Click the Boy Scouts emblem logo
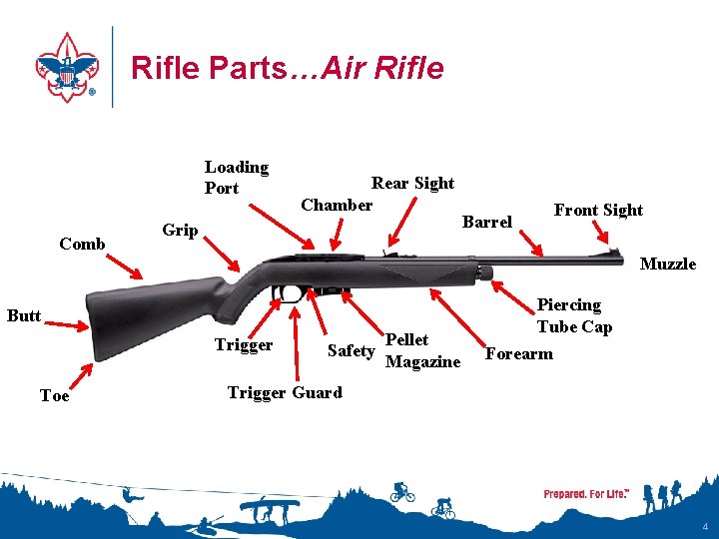(x=67, y=67)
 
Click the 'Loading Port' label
(x=237, y=177)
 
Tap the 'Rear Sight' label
(x=412, y=183)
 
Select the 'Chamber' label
(x=337, y=205)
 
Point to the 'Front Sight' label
(x=598, y=210)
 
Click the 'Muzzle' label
(x=667, y=264)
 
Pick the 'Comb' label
(x=82, y=244)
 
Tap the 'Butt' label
(x=24, y=316)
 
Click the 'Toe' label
(x=54, y=396)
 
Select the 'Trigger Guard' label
(x=285, y=392)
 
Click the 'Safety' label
(x=351, y=350)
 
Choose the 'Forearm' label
(x=518, y=353)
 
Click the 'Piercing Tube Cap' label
(x=573, y=315)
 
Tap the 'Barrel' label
(x=486, y=222)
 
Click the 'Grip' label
(x=180, y=231)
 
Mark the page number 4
(x=705, y=526)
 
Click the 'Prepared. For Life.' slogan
(x=584, y=494)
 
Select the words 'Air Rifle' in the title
(x=392, y=68)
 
